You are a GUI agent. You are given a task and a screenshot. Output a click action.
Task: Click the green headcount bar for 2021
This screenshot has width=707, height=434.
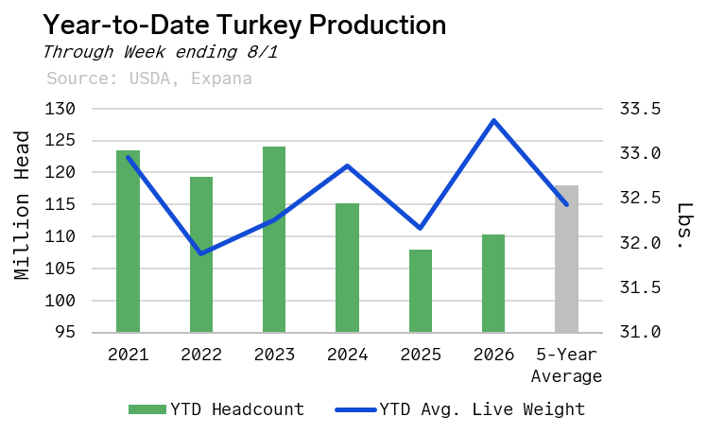click(128, 241)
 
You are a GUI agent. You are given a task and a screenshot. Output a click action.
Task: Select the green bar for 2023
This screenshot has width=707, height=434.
click(274, 239)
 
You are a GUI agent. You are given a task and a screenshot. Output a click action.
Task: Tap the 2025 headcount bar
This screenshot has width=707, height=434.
click(421, 291)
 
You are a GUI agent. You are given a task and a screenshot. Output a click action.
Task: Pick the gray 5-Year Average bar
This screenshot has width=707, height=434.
click(566, 259)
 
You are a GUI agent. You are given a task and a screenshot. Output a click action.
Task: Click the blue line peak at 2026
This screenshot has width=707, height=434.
click(494, 120)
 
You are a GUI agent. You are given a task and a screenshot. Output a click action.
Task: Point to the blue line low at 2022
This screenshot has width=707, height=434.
click(201, 253)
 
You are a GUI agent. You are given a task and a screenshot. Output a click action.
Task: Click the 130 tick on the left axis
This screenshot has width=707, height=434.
click(60, 109)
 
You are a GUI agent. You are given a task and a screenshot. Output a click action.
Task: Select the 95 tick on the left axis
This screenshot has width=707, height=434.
click(65, 332)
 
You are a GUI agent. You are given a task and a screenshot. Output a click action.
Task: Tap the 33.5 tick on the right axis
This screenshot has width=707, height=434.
click(640, 109)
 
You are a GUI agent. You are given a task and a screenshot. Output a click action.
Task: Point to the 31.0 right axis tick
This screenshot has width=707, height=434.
click(640, 332)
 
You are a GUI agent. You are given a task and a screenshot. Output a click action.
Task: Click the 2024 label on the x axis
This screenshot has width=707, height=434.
click(347, 355)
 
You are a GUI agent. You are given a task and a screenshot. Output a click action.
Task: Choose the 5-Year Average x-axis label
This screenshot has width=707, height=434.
click(566, 365)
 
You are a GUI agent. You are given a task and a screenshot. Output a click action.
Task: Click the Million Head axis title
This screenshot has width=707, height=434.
click(21, 205)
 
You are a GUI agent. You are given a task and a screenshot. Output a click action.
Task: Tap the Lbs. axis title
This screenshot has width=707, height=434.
click(685, 226)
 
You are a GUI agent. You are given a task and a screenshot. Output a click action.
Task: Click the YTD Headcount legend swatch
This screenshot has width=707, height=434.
click(147, 409)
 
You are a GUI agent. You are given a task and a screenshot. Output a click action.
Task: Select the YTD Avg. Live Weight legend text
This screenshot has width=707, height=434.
click(482, 409)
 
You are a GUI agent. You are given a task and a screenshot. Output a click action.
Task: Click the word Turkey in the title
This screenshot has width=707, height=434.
click(260, 26)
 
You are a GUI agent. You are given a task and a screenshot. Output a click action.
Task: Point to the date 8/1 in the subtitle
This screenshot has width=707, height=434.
click(263, 52)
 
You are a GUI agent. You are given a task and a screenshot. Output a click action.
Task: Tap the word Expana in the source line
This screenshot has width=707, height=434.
click(221, 78)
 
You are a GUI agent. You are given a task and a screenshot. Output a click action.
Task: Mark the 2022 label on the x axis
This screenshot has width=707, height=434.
click(201, 355)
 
